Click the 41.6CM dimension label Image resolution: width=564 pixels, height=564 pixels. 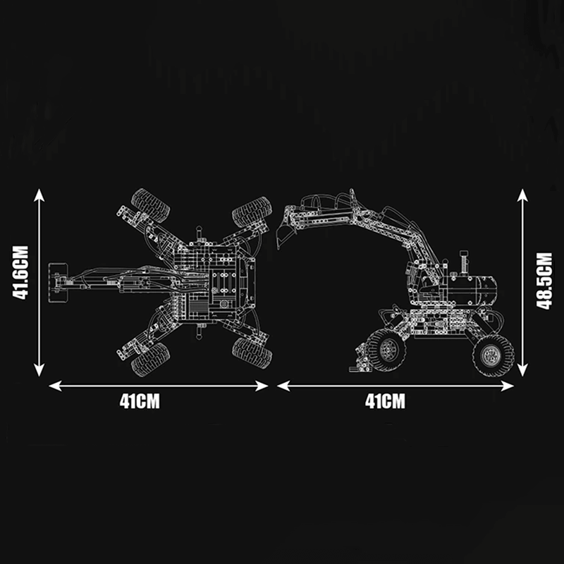click(20, 272)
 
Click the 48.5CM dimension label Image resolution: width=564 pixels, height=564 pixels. click(544, 281)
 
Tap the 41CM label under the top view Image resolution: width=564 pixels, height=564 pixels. click(140, 401)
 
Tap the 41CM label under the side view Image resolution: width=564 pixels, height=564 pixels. click(385, 401)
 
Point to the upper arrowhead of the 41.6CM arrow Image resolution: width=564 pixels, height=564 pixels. click(39, 195)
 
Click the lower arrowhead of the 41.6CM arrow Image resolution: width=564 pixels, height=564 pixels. click(39, 369)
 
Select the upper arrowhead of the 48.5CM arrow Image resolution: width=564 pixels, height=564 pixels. click(522, 195)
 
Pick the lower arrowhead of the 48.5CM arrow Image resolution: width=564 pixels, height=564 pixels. click(522, 369)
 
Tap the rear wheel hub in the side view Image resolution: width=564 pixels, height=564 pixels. click(491, 356)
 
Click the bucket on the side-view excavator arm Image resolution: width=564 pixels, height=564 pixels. click(286, 227)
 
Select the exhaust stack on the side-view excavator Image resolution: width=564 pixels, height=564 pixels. click(464, 262)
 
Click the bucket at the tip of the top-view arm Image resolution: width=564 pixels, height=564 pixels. click(59, 283)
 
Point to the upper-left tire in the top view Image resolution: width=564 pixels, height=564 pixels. click(150, 205)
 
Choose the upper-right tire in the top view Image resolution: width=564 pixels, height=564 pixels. click(252, 212)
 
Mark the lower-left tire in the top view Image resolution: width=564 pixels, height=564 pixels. click(150, 360)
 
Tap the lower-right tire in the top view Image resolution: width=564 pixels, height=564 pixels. click(252, 353)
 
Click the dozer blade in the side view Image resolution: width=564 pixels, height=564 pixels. click(360, 358)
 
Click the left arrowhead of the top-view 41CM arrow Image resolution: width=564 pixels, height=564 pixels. click(55, 386)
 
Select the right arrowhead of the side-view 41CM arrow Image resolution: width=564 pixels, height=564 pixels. click(507, 386)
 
